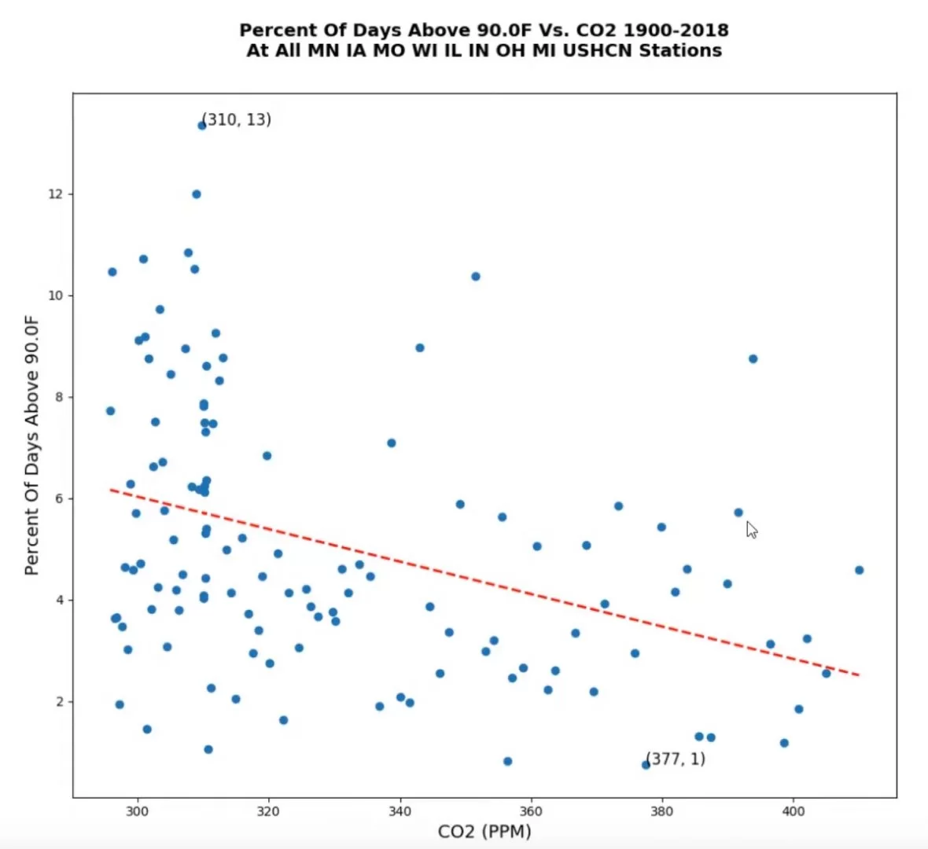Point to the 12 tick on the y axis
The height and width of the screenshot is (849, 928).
[x=71, y=194]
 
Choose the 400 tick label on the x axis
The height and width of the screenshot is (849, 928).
[x=793, y=811]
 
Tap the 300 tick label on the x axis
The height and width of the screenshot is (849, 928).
[x=137, y=811]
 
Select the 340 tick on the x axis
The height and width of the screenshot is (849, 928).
[x=400, y=799]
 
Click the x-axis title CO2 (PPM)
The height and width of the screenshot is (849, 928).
[x=484, y=832]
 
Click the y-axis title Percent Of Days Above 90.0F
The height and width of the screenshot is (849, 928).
[x=31, y=445]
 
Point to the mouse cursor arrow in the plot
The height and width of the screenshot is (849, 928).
[x=751, y=529]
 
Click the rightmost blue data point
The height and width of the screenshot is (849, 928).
[x=859, y=570]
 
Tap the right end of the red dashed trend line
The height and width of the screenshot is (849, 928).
[x=859, y=675]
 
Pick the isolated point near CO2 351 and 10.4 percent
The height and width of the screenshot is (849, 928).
[x=475, y=277]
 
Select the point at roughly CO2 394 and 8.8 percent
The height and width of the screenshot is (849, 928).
[x=753, y=358]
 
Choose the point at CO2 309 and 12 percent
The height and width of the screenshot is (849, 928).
[x=196, y=194]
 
